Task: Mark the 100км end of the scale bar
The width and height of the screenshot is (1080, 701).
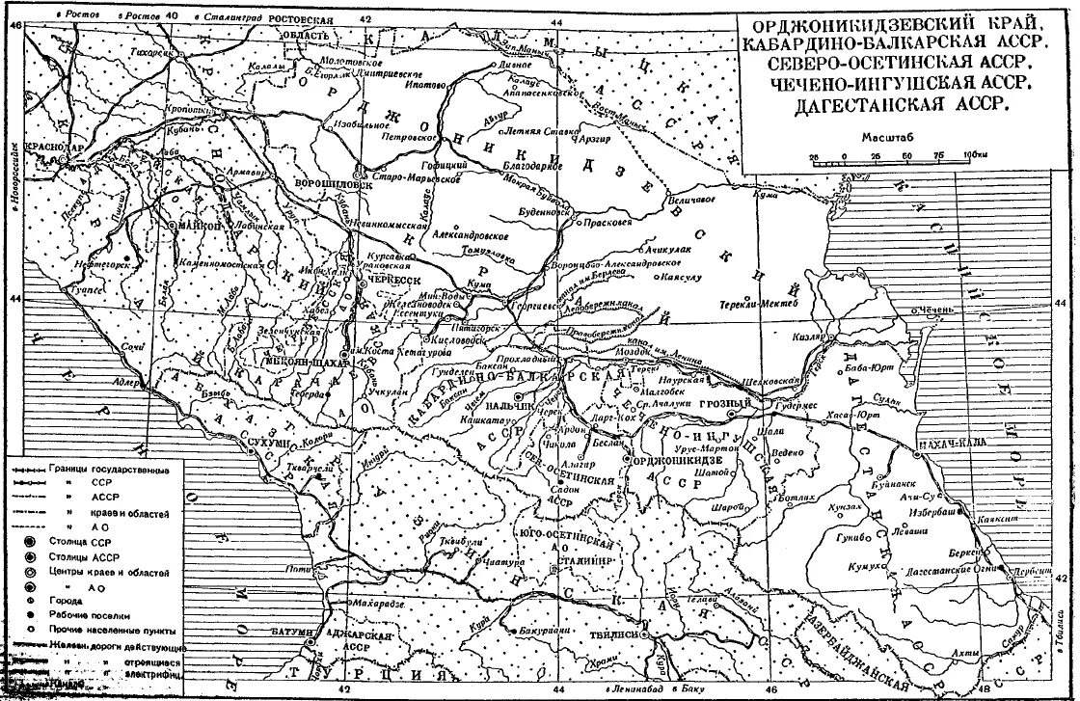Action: click(974, 153)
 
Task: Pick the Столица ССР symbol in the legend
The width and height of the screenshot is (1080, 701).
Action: click(16, 542)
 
